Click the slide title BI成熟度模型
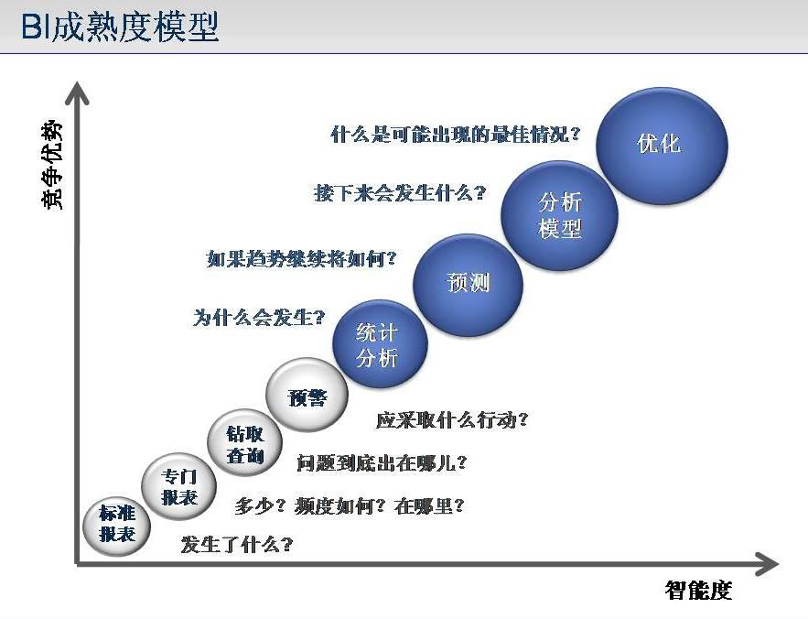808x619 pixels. tap(121, 27)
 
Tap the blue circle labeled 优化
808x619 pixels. tap(662, 146)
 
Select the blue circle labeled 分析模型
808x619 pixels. tap(559, 215)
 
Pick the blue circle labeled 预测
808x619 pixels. tap(468, 285)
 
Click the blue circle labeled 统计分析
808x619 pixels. tap(380, 344)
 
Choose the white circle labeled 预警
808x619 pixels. tap(307, 395)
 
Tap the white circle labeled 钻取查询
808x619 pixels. tap(244, 443)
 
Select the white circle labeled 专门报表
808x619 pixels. tap(178, 486)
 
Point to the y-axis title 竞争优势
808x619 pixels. tap(51, 165)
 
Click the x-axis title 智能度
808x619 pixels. tap(698, 590)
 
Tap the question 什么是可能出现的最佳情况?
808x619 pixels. tap(456, 135)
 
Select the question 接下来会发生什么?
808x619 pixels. tap(400, 193)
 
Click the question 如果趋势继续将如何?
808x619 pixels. tap(301, 258)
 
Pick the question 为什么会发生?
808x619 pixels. tap(259, 317)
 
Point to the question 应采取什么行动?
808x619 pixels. tap(452, 420)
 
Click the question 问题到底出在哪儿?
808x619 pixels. tap(382, 463)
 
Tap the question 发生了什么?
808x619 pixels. tap(236, 544)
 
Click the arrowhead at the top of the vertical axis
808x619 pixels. tap(77, 92)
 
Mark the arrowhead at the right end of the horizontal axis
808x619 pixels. tap(767, 564)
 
